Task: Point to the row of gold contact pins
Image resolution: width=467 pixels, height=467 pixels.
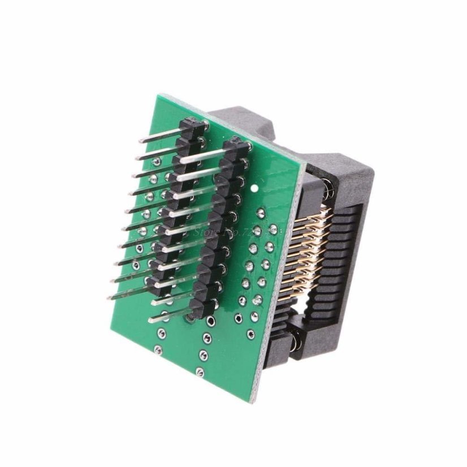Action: pos(300,254)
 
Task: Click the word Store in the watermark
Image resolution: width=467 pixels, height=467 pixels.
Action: pos(205,231)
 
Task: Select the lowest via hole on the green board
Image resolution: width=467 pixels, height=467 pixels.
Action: pos(200,371)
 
